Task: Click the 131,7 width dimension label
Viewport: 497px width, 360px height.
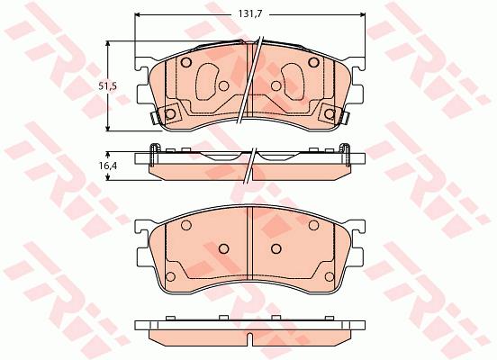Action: click(249, 14)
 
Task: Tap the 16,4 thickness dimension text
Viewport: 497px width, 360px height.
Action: click(107, 166)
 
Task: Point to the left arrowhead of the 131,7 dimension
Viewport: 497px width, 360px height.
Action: click(138, 14)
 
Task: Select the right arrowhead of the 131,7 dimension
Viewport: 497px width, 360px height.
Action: click(362, 14)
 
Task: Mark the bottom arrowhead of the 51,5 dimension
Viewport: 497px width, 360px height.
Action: click(108, 128)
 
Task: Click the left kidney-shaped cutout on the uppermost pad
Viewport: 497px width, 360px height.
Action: click(208, 82)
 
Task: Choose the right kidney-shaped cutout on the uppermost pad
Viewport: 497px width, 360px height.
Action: click(293, 82)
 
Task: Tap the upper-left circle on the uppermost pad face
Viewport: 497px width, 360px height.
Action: click(186, 62)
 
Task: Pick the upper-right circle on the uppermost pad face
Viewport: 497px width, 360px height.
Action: click(314, 62)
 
